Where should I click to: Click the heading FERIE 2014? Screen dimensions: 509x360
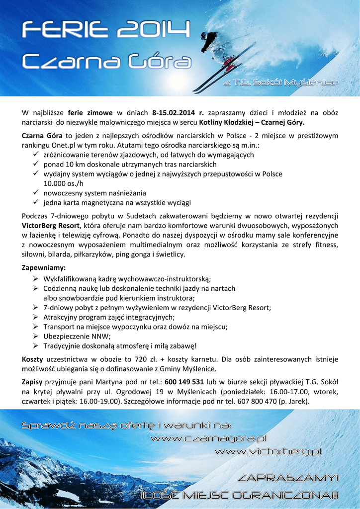click(106, 31)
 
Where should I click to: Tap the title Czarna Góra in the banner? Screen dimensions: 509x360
click(106, 62)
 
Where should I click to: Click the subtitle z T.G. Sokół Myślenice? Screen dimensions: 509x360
click(280, 83)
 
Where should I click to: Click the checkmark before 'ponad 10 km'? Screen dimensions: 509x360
click(36, 164)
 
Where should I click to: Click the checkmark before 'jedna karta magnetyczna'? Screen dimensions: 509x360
click(36, 202)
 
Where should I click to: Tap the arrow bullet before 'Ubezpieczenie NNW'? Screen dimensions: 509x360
click(36, 336)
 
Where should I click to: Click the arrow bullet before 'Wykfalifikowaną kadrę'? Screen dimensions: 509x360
click(36, 279)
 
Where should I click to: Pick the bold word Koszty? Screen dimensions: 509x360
click(32, 359)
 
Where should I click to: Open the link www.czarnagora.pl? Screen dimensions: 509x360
click(209, 438)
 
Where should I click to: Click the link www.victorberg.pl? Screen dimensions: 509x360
click(268, 451)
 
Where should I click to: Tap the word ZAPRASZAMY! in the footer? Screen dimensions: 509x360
click(288, 478)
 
